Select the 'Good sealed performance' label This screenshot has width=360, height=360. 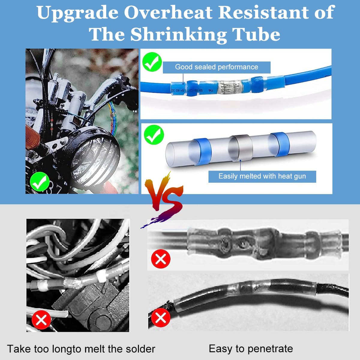216,67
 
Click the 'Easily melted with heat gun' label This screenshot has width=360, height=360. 262,176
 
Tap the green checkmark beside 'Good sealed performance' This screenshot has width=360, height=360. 152,62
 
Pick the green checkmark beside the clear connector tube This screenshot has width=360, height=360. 154,135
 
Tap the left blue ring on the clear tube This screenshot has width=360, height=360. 200,151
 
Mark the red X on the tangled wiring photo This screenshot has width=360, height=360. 41,320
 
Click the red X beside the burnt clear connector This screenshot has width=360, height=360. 161,259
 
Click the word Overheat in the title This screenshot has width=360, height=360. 169,13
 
